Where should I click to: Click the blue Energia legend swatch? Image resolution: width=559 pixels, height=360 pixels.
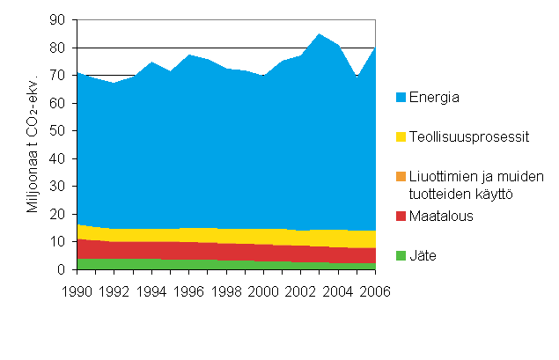coord(401,97)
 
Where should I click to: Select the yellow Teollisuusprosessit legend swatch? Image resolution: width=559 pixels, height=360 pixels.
coord(401,136)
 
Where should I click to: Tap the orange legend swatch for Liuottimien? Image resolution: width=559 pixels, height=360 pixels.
coord(401,177)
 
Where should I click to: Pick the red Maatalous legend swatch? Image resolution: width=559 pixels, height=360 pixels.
coord(401,217)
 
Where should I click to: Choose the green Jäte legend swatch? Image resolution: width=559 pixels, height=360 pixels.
coord(401,256)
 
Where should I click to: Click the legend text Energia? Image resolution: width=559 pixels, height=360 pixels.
coord(435,97)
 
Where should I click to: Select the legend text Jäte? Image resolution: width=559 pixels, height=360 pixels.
coord(424,256)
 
